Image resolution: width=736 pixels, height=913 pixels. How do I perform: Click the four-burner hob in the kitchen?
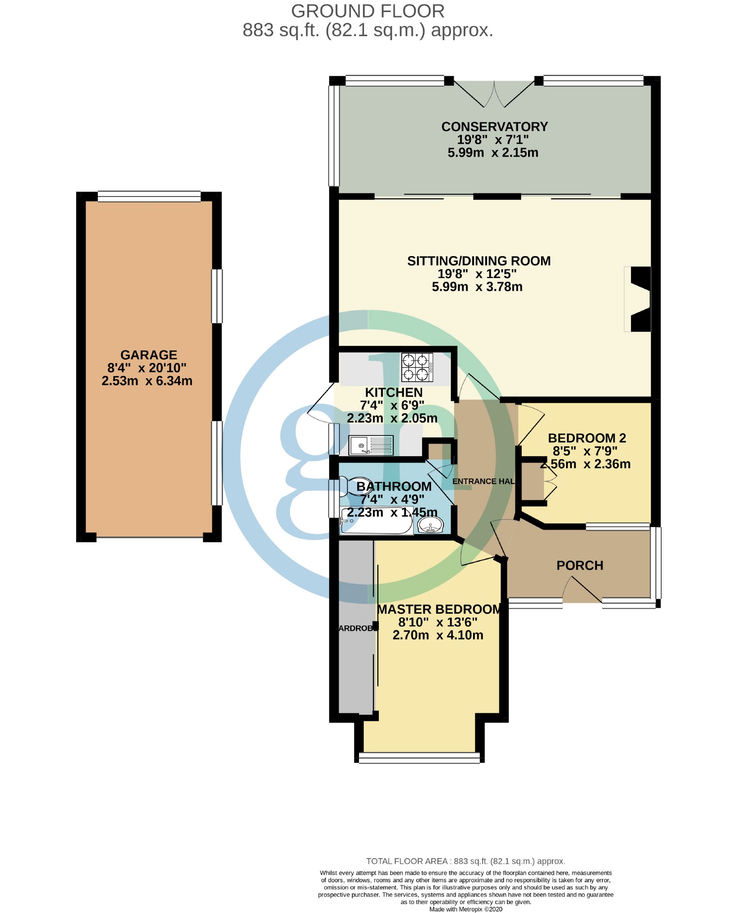(417, 367)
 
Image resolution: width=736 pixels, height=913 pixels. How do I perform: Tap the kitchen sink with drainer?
(371, 445)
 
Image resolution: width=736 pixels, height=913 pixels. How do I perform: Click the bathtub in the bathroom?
(377, 522)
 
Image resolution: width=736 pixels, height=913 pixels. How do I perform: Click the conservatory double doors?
(494, 94)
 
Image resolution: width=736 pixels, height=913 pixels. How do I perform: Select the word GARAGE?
(148, 355)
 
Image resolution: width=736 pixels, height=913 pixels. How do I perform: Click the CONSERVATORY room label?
(494, 127)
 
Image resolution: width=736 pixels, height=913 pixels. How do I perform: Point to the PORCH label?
(580, 565)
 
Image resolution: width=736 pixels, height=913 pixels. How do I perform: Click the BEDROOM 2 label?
(587, 438)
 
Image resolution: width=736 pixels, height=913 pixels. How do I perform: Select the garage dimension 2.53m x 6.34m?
(147, 381)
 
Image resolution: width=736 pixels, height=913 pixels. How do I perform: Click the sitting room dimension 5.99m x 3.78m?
(477, 287)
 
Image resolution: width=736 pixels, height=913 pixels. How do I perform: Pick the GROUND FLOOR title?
(368, 11)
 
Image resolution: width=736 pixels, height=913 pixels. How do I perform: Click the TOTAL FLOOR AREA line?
(465, 861)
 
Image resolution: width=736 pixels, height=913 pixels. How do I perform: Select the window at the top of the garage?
(149, 196)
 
